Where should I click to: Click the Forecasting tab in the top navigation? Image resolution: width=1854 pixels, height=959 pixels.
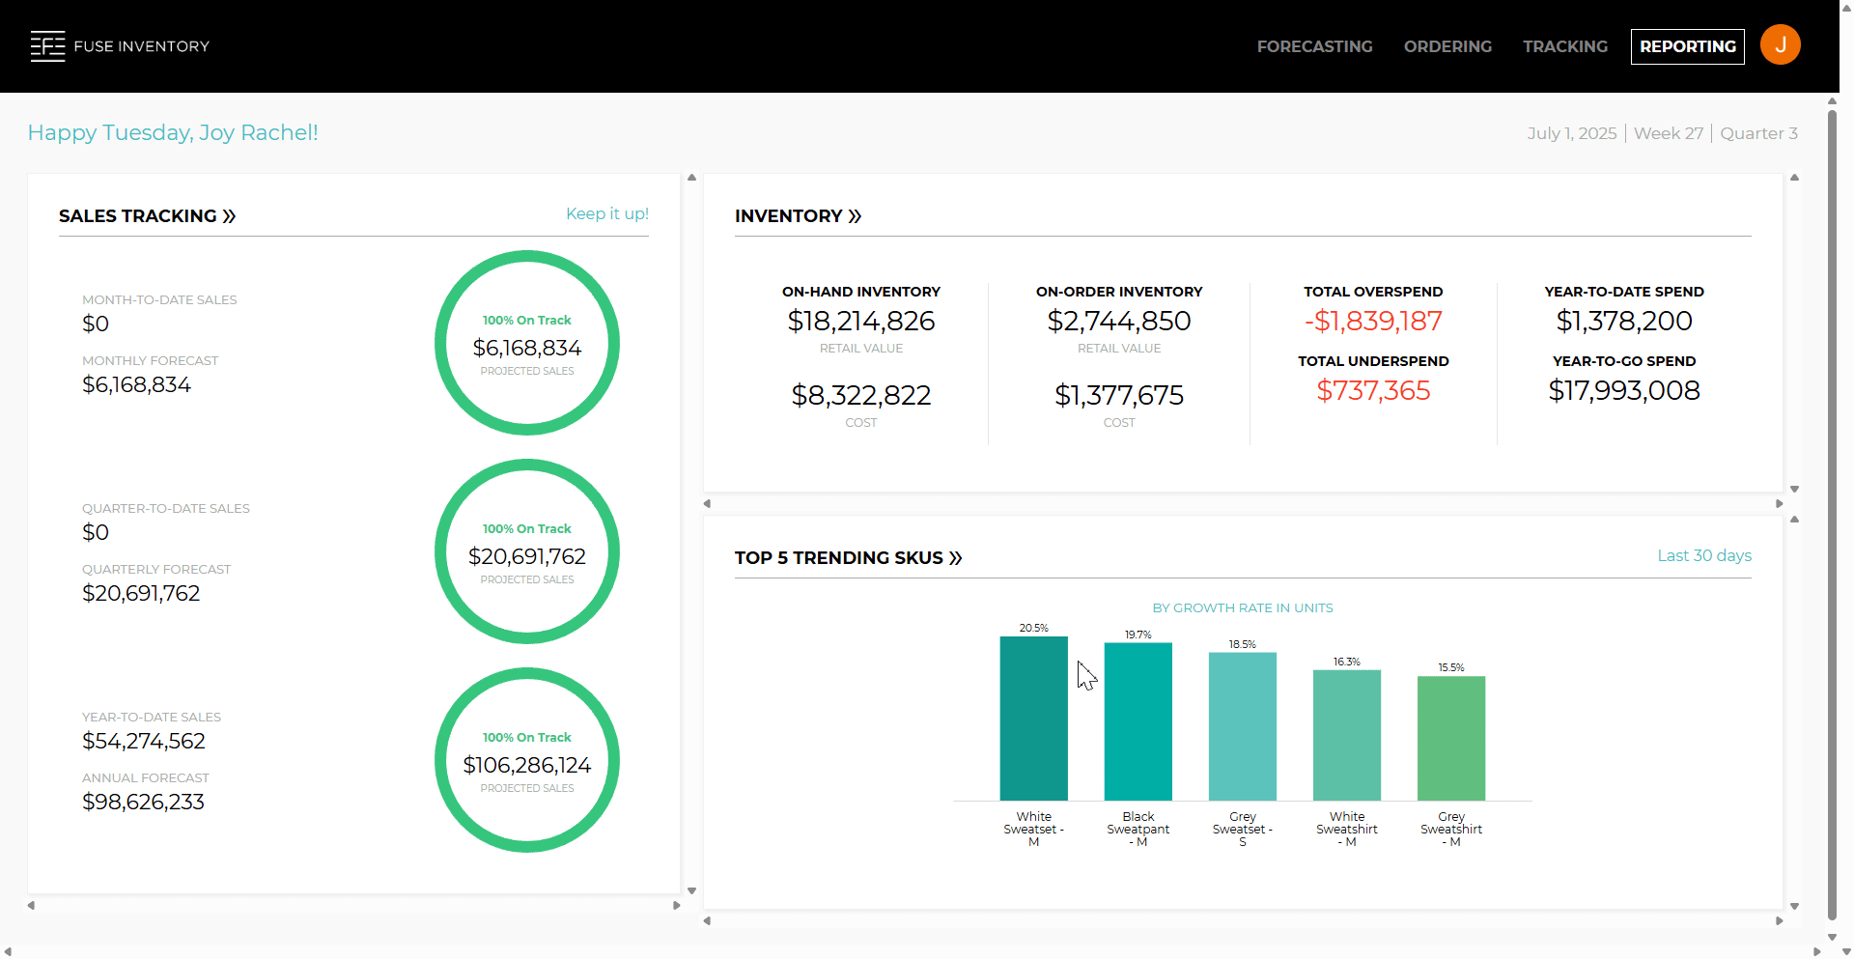click(1314, 46)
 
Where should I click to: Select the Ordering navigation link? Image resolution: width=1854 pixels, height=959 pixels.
click(1447, 46)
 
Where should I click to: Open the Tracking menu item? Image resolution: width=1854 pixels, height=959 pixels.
click(1565, 46)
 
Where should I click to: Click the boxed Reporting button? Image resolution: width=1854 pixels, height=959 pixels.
click(1687, 46)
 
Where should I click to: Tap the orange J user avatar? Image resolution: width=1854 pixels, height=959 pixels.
click(1780, 44)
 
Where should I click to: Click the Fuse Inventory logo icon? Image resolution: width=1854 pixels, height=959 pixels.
click(47, 46)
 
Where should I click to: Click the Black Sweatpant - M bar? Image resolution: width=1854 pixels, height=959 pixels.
click(1138, 721)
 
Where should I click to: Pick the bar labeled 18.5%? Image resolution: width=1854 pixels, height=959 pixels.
click(1242, 726)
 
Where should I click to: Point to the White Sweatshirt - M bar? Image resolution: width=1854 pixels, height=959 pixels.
click(1346, 735)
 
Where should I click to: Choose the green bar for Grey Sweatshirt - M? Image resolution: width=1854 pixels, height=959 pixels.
click(1450, 738)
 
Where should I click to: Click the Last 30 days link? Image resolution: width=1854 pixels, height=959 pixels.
click(1703, 555)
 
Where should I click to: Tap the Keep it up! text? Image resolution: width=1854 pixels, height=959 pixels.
click(606, 213)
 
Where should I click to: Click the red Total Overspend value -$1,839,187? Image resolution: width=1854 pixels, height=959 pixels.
click(1373, 321)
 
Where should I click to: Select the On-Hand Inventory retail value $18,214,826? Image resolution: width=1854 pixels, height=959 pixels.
click(860, 321)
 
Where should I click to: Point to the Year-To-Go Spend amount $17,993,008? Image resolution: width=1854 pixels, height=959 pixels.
click(1623, 390)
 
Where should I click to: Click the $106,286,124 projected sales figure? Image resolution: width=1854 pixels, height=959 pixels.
click(526, 765)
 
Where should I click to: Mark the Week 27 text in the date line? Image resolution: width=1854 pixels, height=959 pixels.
click(1668, 133)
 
